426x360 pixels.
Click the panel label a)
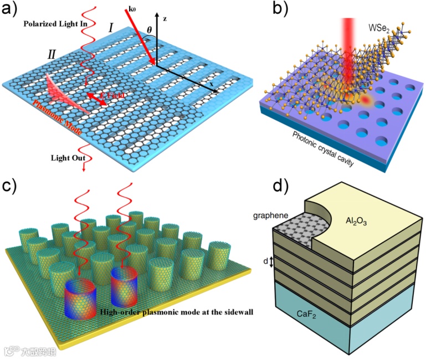point(12,9)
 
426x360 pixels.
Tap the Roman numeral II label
point(52,54)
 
